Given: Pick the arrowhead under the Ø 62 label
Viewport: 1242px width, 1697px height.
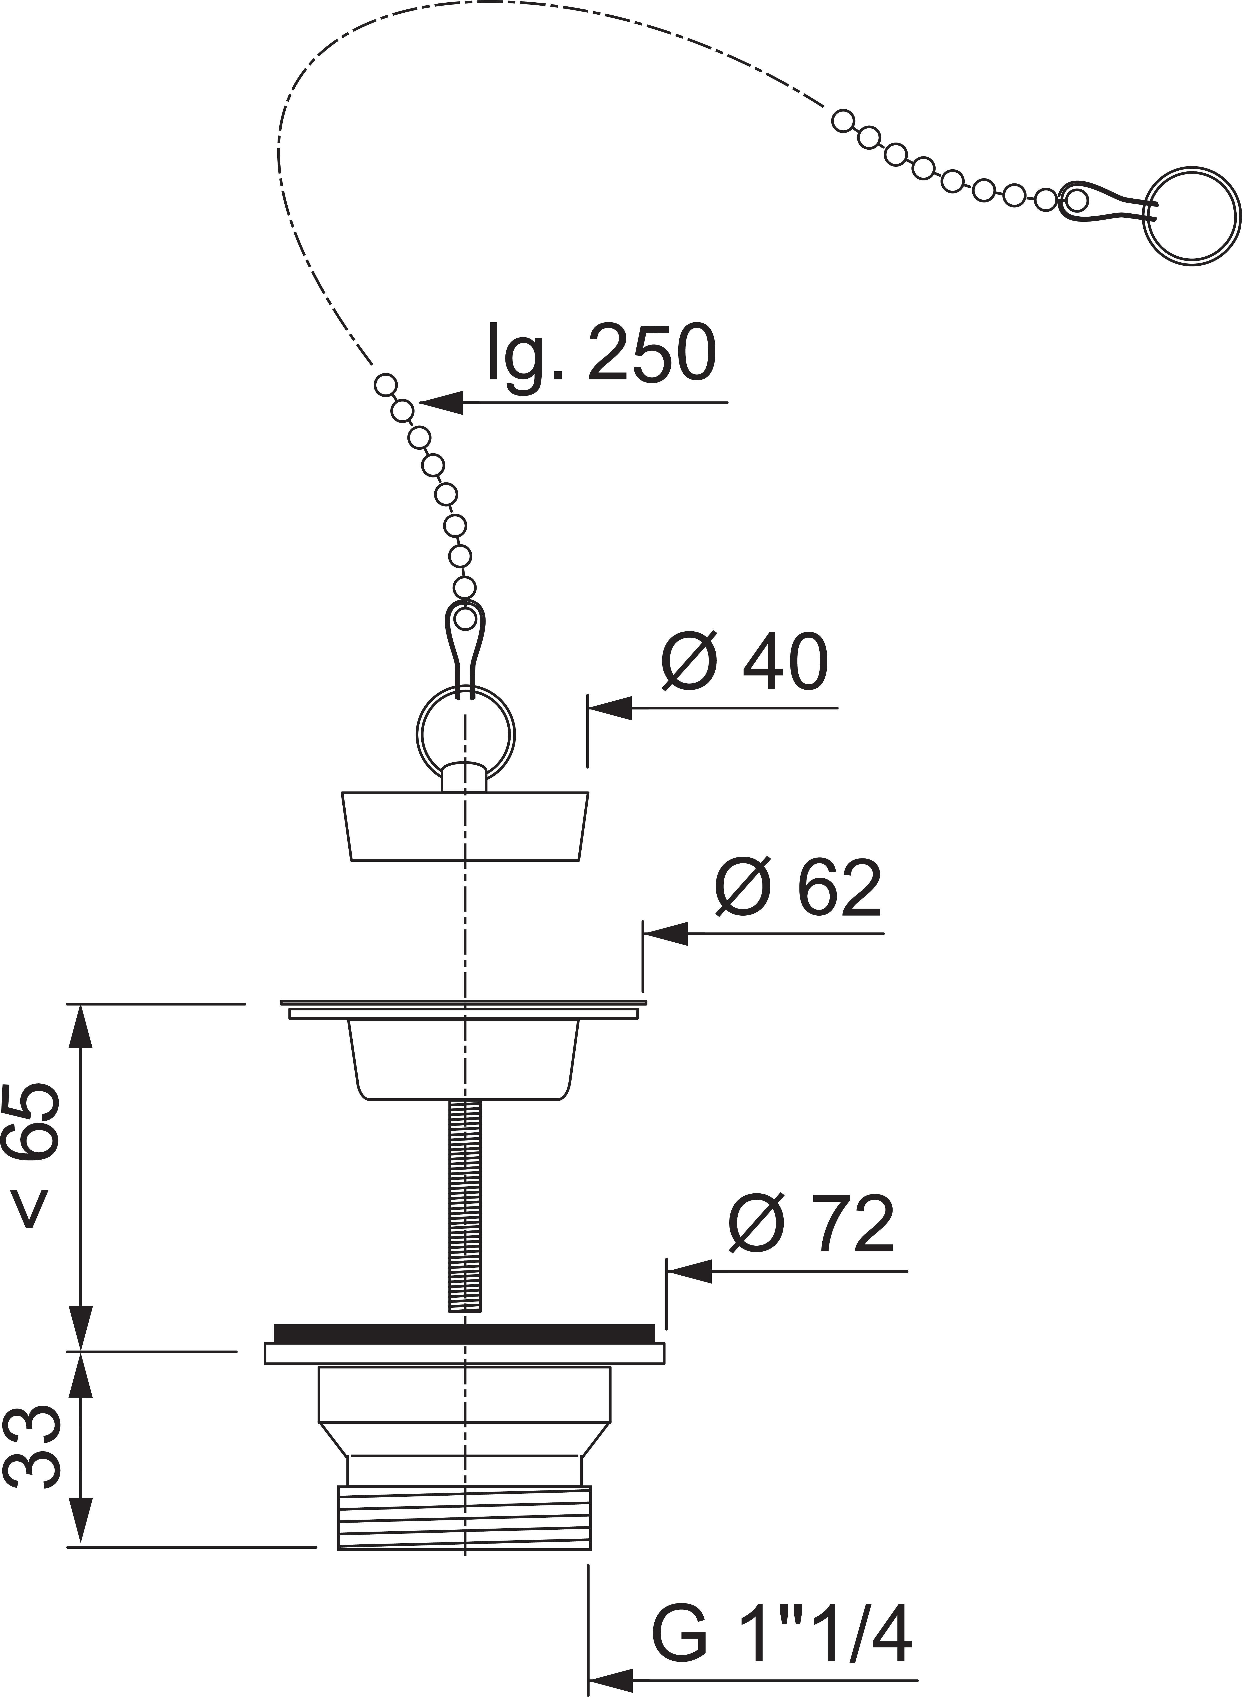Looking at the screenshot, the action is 665,934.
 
